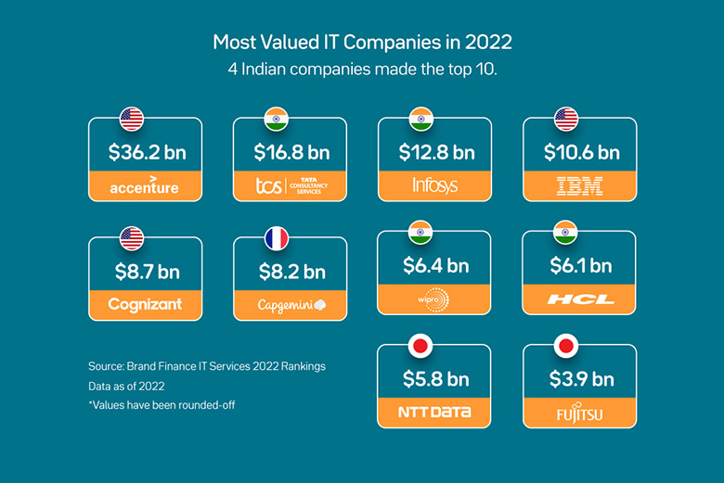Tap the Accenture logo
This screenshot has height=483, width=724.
point(144,186)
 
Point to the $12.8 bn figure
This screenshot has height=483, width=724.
point(434,152)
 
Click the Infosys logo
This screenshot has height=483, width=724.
point(434,186)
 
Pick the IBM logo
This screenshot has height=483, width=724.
point(579,186)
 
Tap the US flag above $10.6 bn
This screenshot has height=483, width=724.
point(566,119)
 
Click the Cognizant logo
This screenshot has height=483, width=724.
point(144,304)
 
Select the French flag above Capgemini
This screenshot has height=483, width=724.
point(277,238)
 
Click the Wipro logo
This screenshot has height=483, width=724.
point(434,299)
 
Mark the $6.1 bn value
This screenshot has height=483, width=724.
point(579,266)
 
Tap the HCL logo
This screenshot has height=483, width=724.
point(579,299)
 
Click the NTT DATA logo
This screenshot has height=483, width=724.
point(434,411)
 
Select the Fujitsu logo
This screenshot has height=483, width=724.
point(579,412)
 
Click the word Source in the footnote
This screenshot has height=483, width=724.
point(107,367)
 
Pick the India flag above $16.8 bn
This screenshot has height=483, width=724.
point(277,119)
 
